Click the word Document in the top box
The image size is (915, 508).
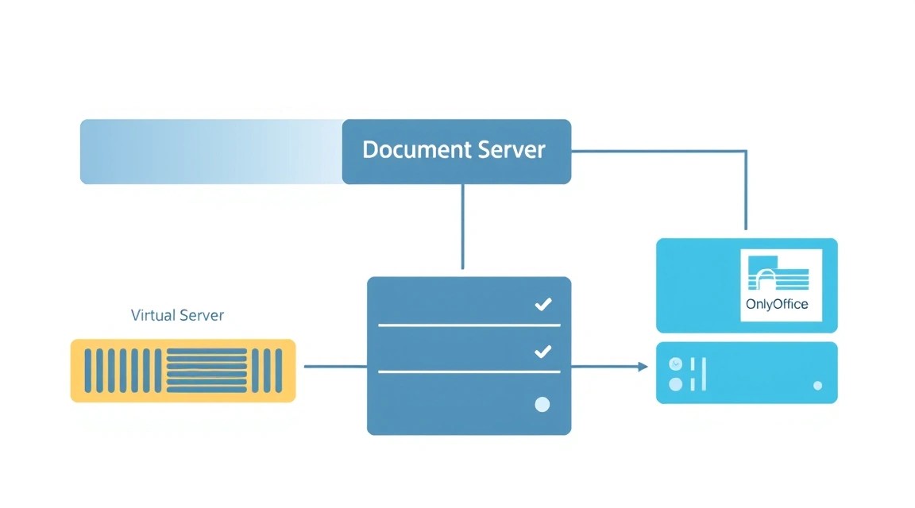pos(417,150)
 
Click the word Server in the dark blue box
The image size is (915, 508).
pos(512,150)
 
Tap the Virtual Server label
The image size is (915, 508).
pos(177,315)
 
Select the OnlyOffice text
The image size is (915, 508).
pos(777,304)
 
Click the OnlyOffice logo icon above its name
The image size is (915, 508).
pos(778,273)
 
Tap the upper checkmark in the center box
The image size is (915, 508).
pos(543,304)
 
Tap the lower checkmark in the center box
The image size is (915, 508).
pos(543,351)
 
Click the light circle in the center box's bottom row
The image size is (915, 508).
pos(542,404)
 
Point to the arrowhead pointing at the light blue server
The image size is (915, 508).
pos(643,367)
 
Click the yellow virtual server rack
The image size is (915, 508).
pos(183,371)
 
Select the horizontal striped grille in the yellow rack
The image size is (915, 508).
pos(207,371)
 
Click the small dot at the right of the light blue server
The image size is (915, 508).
pos(817,386)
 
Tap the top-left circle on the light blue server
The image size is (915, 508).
pos(676,364)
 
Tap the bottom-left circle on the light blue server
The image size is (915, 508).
pos(676,384)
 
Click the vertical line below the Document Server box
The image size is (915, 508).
pos(463,226)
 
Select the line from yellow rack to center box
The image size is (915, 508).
pos(335,367)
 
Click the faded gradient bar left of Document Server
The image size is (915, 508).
pos(211,152)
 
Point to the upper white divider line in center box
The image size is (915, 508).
pos(469,325)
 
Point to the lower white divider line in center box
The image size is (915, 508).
pos(469,371)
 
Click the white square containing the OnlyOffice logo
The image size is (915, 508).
pos(782,285)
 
